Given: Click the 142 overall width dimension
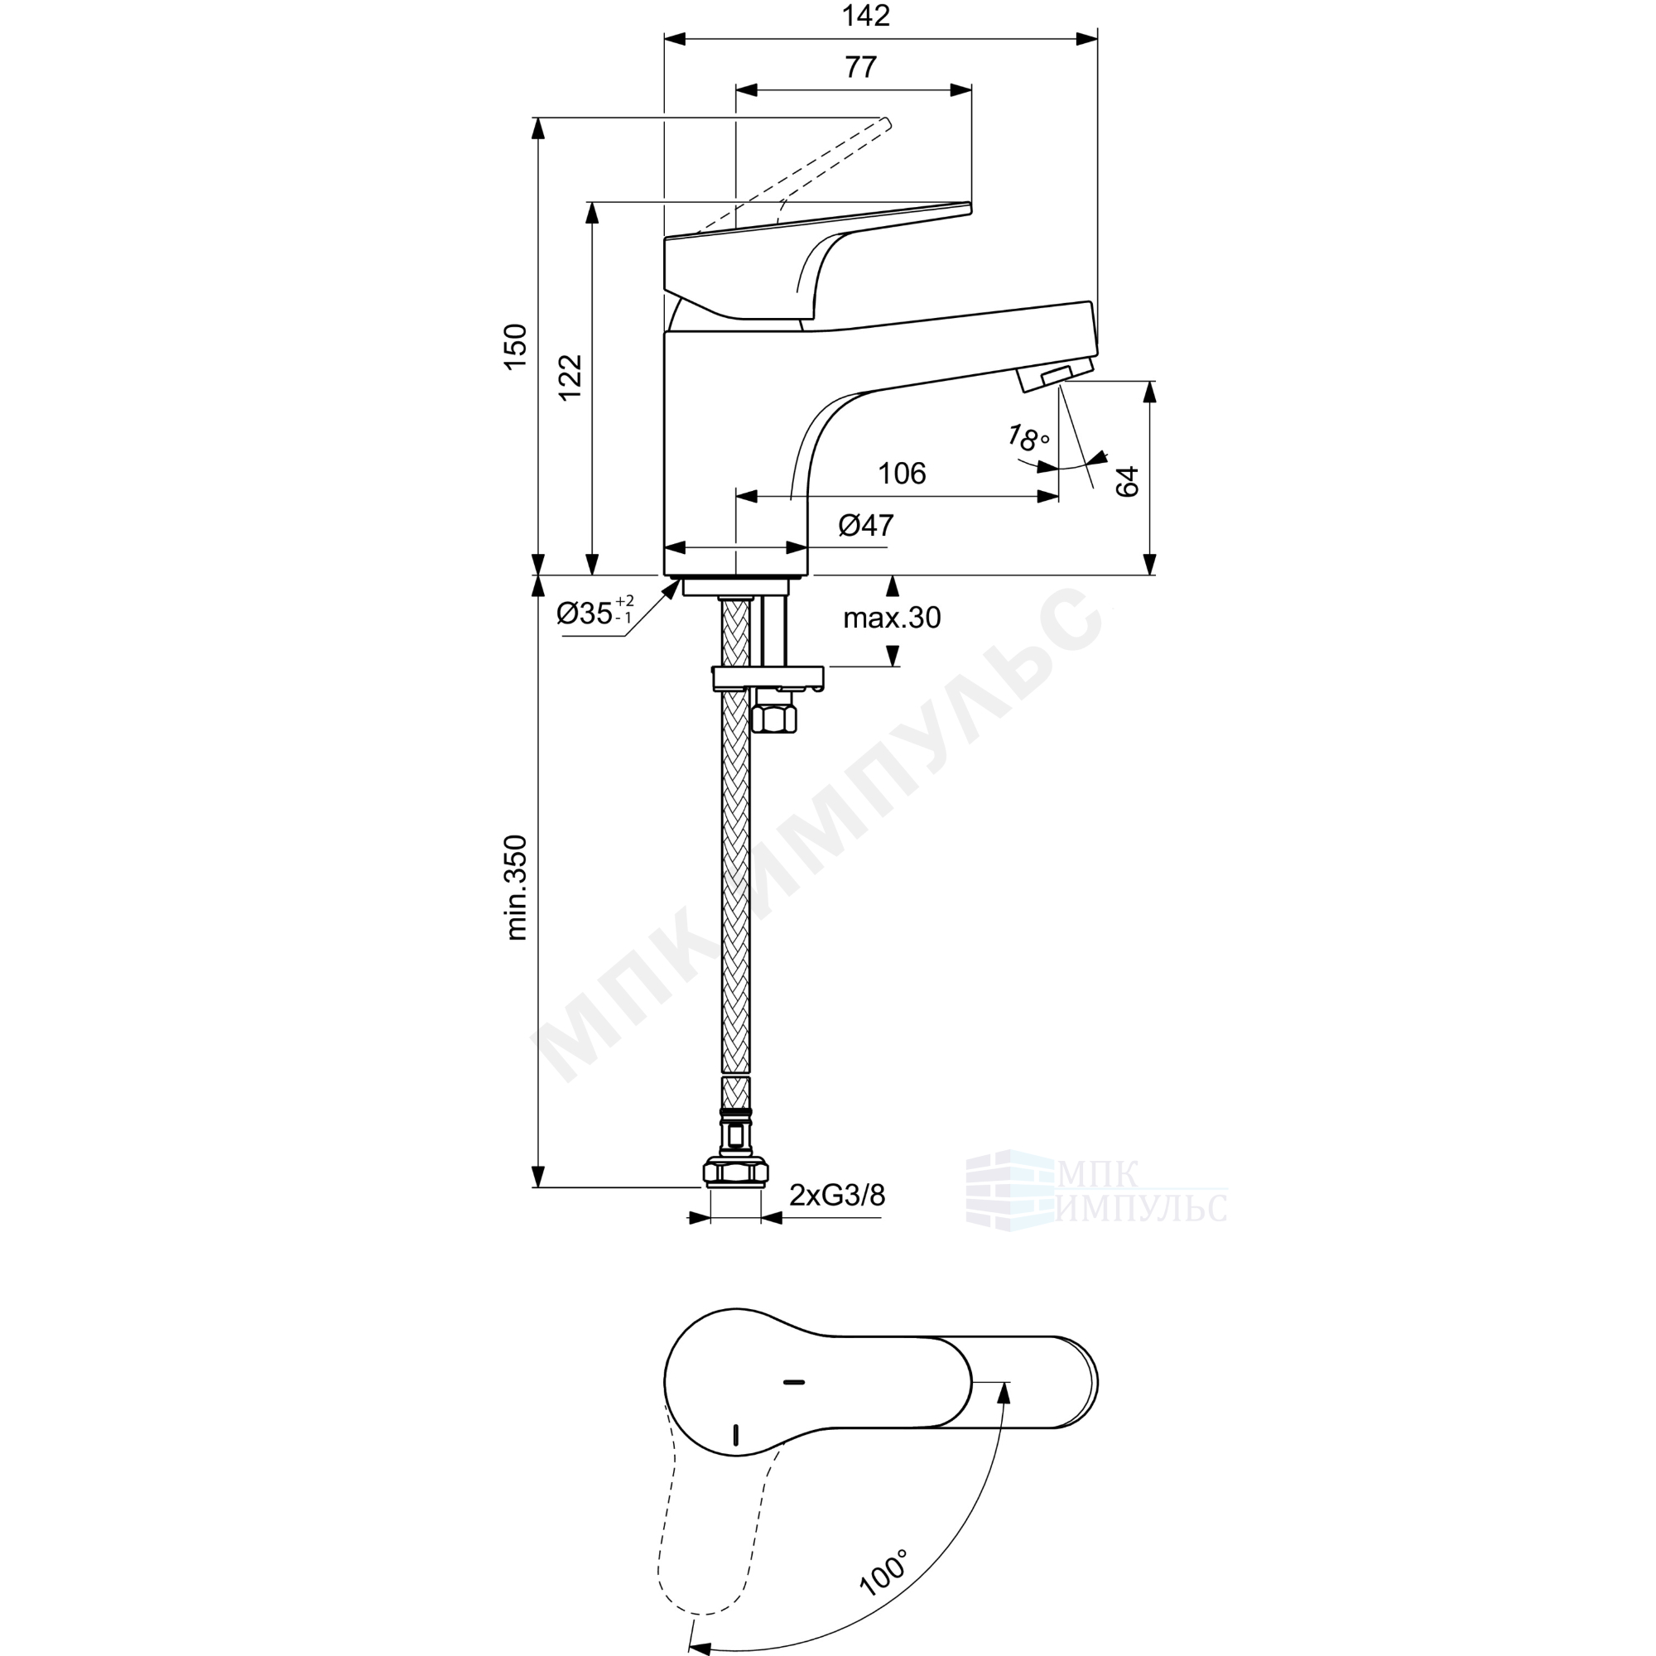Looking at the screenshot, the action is [x=866, y=16].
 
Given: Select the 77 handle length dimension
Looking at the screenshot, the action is [x=860, y=67].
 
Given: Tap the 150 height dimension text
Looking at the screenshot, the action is [x=515, y=346].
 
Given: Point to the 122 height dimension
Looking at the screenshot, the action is [x=570, y=377].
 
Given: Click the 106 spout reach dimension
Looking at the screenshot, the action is [x=902, y=473].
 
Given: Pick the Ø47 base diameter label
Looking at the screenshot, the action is [x=866, y=525].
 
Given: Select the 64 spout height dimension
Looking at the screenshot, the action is [x=1127, y=481].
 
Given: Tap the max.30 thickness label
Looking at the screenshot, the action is [x=892, y=617].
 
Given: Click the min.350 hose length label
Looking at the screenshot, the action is [x=516, y=887].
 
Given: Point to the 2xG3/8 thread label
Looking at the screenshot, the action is [x=836, y=1195].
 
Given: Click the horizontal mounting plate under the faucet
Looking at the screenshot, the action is [x=768, y=679].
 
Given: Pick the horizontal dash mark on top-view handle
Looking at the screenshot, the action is [x=794, y=1382].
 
